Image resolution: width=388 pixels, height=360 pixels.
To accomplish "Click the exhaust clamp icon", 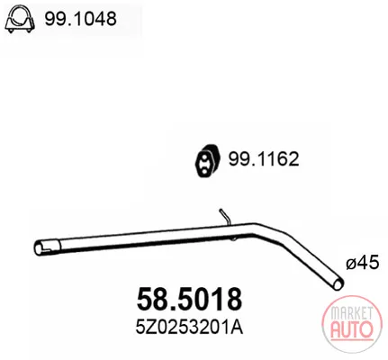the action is [20, 18].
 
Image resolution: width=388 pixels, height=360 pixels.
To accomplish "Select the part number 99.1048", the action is [80, 19].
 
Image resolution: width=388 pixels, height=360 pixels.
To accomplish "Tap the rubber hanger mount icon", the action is [208, 161].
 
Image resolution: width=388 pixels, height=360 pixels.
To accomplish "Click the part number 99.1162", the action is [264, 159].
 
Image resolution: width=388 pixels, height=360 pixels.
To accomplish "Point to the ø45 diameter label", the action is [363, 263].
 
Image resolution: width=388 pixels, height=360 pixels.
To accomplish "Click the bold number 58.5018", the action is [189, 300].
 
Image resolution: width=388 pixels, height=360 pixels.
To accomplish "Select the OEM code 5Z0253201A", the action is [189, 328].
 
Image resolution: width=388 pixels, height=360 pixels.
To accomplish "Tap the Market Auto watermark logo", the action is [352, 322].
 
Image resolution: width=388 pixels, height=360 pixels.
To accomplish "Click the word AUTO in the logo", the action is [352, 329].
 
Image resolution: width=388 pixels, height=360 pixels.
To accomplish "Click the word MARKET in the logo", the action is [352, 313].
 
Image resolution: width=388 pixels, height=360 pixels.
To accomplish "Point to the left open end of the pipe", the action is [39, 248].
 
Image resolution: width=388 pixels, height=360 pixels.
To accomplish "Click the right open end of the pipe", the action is [338, 283].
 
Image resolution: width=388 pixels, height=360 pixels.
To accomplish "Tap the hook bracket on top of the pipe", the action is [225, 217].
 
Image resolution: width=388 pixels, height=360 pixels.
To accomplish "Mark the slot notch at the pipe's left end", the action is [48, 247].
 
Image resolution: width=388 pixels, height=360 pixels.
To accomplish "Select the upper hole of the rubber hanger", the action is [203, 157].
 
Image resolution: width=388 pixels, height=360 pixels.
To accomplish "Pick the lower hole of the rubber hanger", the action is [204, 171].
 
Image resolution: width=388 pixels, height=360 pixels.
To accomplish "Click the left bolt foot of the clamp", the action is [11, 31].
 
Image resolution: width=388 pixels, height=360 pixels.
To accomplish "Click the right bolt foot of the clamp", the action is [29, 31].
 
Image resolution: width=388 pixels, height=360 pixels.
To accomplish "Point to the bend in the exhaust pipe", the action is [257, 229].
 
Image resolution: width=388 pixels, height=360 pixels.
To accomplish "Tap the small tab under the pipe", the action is [234, 238].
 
